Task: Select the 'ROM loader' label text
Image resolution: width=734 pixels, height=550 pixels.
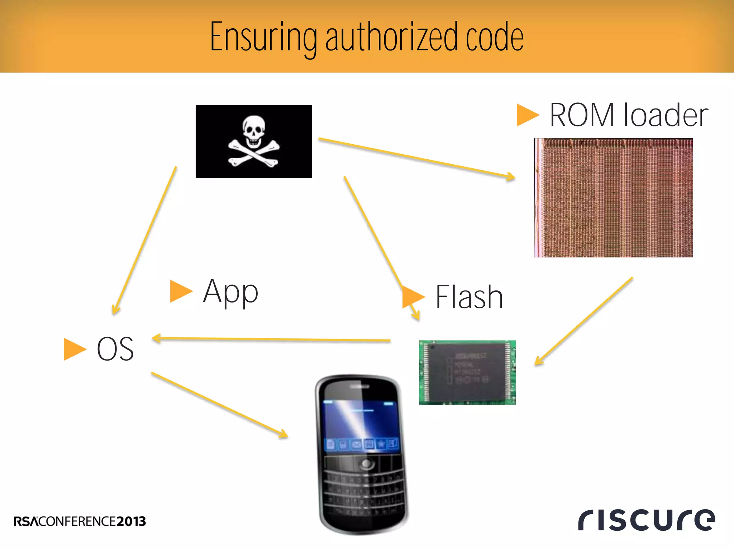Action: (x=629, y=115)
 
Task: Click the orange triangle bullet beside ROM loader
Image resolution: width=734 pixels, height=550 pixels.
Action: (x=527, y=115)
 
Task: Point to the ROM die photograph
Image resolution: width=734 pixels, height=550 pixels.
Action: (x=613, y=198)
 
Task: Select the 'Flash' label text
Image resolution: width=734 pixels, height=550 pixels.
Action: (x=469, y=297)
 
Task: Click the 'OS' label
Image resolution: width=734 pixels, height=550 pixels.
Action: (x=115, y=349)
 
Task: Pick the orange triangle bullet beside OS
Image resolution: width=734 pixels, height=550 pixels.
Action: (x=74, y=349)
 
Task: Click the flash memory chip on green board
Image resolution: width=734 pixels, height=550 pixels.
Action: (x=467, y=372)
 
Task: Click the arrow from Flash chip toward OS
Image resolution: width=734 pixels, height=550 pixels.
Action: (x=272, y=339)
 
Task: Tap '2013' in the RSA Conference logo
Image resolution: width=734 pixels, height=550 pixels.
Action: (x=131, y=521)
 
